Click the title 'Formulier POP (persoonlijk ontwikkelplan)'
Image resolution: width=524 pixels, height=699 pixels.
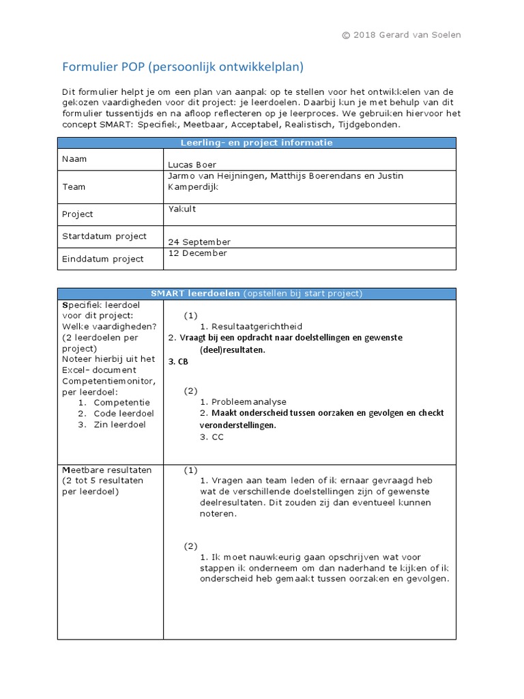[183, 67]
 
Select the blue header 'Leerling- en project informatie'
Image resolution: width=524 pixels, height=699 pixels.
[256, 143]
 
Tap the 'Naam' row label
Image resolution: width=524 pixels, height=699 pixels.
[74, 159]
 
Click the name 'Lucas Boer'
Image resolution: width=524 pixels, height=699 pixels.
[192, 165]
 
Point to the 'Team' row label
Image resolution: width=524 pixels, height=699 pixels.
[74, 186]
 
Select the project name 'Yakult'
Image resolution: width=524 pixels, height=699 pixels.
[181, 209]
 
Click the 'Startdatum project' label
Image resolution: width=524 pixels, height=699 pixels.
[104, 236]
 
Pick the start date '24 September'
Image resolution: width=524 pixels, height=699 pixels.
[199, 242]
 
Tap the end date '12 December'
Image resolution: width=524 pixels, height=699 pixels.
[197, 253]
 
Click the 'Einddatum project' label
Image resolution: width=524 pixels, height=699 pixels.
[102, 259]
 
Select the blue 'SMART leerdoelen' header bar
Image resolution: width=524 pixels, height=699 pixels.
[256, 294]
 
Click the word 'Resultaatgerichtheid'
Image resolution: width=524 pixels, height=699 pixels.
[257, 326]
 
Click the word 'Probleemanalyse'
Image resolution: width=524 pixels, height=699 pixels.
[249, 401]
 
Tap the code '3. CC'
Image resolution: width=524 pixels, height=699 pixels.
[212, 437]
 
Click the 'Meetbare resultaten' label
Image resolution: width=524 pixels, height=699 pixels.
[106, 470]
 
